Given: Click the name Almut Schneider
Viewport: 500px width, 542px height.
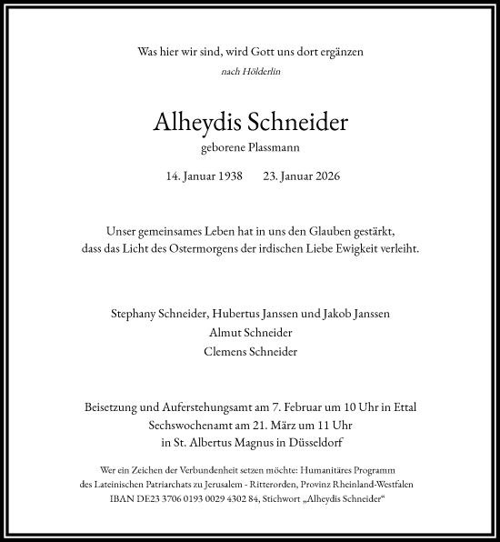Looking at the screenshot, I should point(249,333).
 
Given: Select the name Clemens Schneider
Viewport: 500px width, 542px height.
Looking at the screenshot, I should point(249,352).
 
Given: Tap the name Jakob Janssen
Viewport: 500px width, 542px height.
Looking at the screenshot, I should point(358,314).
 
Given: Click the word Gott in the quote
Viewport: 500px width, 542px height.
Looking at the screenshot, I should point(241,52).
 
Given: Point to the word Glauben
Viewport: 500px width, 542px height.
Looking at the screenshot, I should point(336,231).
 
